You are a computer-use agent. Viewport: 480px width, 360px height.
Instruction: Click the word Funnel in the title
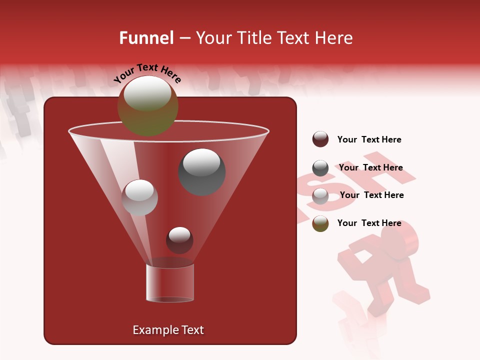(146, 38)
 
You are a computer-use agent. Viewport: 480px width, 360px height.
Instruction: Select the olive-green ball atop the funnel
(147, 105)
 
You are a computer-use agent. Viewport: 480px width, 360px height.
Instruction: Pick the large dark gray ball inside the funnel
(202, 171)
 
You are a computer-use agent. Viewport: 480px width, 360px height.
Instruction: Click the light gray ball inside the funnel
(139, 197)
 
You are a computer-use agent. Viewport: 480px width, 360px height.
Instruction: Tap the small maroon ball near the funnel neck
(179, 240)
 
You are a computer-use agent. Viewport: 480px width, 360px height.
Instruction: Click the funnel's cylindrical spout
(170, 283)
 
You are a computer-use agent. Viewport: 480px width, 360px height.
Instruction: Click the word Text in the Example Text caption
(192, 330)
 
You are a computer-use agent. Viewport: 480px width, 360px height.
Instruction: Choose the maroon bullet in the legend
(320, 139)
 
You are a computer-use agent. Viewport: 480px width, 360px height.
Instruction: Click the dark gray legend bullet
(320, 168)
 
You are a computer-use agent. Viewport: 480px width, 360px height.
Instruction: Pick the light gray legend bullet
(320, 196)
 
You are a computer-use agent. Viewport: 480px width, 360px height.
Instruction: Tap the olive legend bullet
(320, 223)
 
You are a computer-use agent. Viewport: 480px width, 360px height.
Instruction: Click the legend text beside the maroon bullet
(369, 139)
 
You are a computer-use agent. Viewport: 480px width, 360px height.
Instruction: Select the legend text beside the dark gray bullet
(370, 167)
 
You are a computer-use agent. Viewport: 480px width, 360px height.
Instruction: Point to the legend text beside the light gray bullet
(371, 195)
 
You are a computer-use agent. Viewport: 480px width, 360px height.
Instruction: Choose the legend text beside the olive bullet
(369, 223)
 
